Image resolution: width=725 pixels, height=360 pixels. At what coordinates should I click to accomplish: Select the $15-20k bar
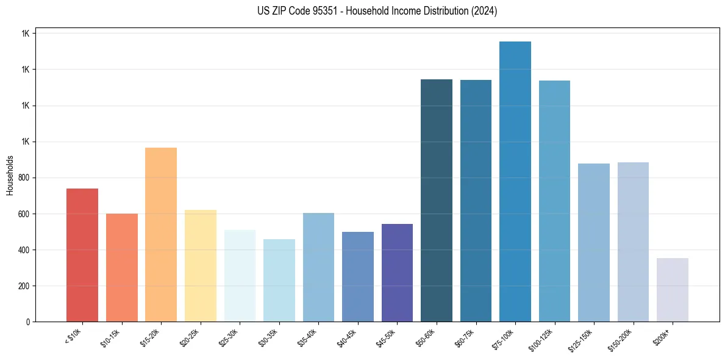[x=161, y=235]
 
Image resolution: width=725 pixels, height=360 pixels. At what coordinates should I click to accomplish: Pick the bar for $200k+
[x=673, y=290]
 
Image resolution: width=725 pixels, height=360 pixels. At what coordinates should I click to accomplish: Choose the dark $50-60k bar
[x=437, y=201]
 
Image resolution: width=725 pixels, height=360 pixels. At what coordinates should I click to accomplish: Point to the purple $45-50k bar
[x=397, y=273]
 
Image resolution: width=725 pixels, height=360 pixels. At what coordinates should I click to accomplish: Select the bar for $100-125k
[x=554, y=201]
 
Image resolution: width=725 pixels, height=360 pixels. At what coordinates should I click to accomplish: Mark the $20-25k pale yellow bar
[x=201, y=266]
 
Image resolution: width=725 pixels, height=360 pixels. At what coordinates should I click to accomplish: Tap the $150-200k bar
[x=633, y=242]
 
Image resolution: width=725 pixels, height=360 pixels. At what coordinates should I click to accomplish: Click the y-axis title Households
[x=10, y=175]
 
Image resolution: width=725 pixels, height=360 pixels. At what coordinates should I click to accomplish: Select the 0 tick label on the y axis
[x=28, y=322]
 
